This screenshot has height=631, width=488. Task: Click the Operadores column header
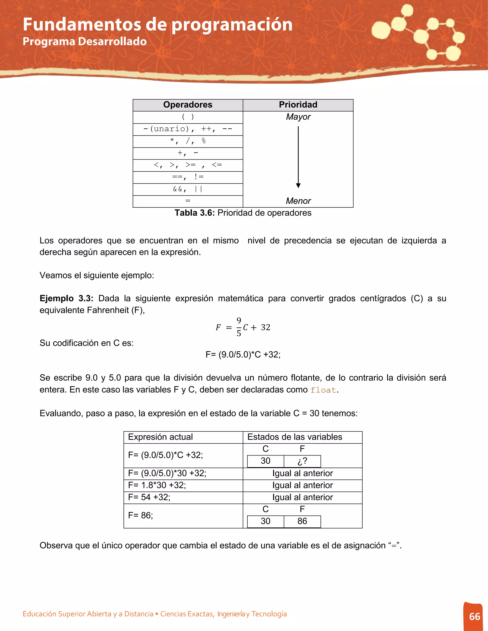tap(188, 105)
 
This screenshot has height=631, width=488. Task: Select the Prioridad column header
tap(298, 105)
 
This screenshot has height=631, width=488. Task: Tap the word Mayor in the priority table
tap(298, 117)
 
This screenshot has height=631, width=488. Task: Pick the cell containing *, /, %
tap(188, 141)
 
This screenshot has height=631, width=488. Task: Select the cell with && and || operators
tap(188, 189)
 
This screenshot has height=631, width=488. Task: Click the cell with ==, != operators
tap(188, 177)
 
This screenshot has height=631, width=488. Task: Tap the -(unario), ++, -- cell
tap(188, 129)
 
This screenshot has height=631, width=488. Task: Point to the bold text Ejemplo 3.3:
tap(66, 298)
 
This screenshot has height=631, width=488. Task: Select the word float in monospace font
tap(323, 390)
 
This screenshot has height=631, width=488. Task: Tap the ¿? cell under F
tap(302, 461)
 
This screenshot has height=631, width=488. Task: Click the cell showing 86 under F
tap(302, 521)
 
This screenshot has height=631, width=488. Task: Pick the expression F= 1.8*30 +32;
tap(157, 485)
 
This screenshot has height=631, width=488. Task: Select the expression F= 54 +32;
tap(149, 497)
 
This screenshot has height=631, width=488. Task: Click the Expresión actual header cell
tap(160, 437)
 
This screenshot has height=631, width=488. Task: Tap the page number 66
tap(474, 616)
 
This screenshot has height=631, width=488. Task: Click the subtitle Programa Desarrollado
tap(85, 42)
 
